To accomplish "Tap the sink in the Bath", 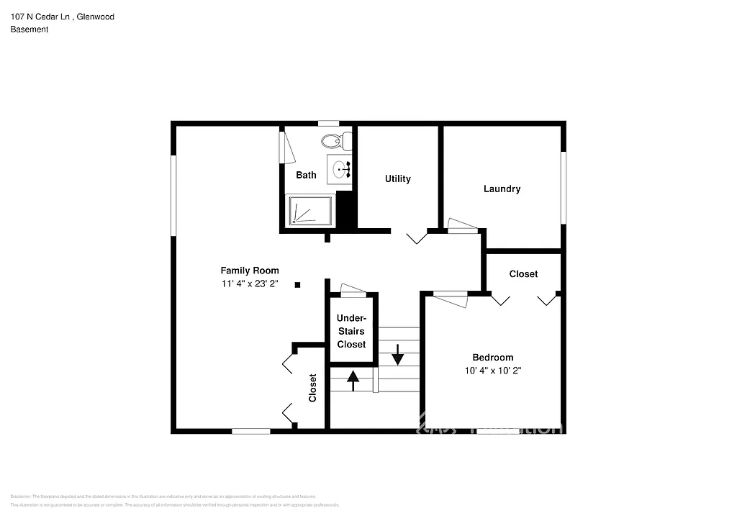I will pyautogui.click(x=339, y=170).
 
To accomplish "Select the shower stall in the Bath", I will pyautogui.click(x=310, y=212).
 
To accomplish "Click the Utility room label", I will pyautogui.click(x=397, y=178).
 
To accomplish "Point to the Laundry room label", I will pyautogui.click(x=502, y=189).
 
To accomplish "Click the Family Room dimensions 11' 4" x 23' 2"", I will pyautogui.click(x=250, y=284).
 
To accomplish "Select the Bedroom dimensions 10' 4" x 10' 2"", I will pyautogui.click(x=492, y=371).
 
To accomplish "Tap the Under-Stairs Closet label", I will pyautogui.click(x=351, y=331).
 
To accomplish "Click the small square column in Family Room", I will pyautogui.click(x=297, y=285).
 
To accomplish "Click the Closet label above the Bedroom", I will pyautogui.click(x=523, y=274).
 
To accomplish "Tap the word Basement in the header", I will pyautogui.click(x=30, y=30).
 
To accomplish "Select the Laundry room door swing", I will pyautogui.click(x=462, y=226).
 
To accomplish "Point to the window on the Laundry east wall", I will pyautogui.click(x=564, y=188).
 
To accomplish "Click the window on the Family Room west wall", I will pyautogui.click(x=173, y=195).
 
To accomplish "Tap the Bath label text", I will pyautogui.click(x=306, y=175).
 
